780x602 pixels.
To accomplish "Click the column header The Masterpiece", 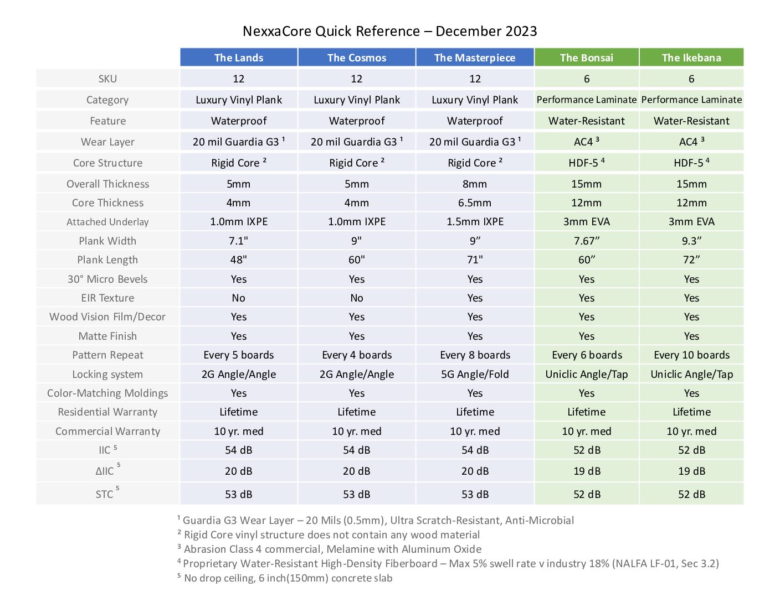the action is click(475, 58).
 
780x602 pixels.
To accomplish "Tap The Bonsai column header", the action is click(587, 58).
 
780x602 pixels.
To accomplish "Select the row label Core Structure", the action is click(107, 163).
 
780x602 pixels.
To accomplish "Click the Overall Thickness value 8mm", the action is click(475, 184).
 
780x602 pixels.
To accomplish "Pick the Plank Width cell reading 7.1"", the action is click(238, 241).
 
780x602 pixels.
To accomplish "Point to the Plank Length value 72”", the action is click(691, 260).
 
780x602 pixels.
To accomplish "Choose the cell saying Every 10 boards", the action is click(691, 355).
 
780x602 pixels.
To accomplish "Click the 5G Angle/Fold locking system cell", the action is click(475, 375).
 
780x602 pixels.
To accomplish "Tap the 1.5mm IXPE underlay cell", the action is click(475, 221).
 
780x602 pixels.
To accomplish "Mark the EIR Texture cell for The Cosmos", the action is click(356, 298).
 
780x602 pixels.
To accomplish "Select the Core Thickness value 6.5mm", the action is click(475, 203).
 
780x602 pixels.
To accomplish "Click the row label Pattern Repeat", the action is click(107, 355).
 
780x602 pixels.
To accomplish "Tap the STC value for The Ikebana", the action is click(691, 495).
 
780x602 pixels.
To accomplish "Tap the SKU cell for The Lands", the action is click(238, 79).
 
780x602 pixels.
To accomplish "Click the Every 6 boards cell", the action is click(587, 355).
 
